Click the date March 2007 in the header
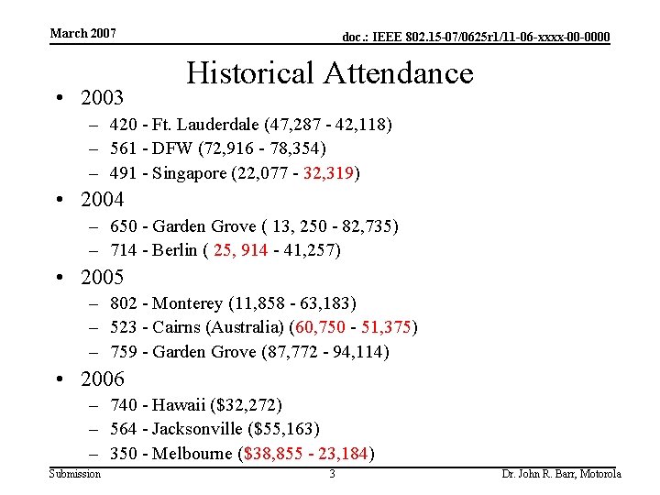point(82,33)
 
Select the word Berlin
point(175,250)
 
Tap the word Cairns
point(178,327)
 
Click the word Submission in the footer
point(75,473)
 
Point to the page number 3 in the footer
point(332,473)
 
